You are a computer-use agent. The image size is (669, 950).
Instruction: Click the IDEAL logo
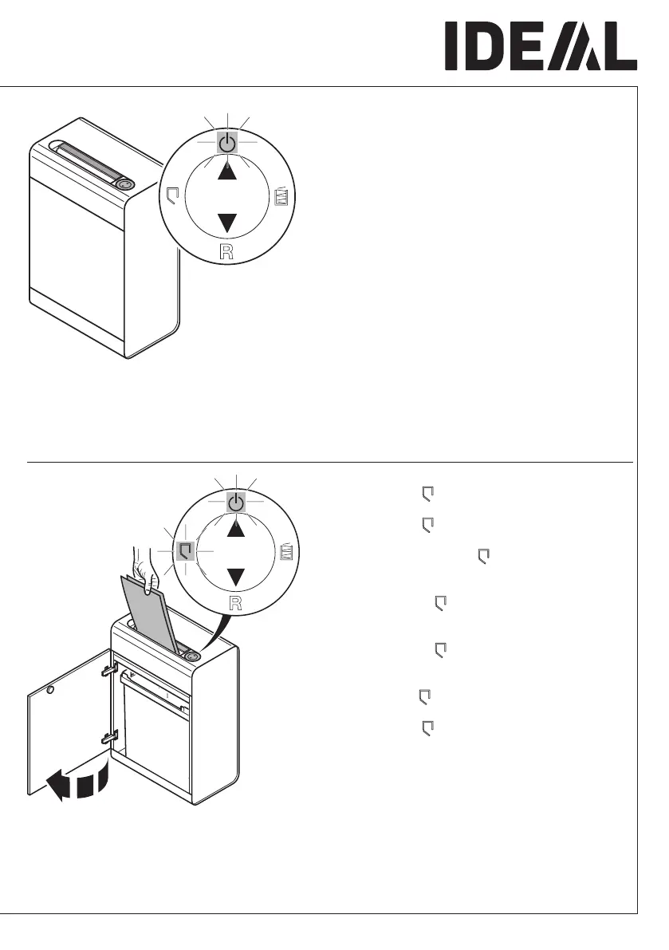pos(541,45)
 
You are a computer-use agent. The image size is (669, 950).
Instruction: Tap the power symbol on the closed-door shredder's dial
pos(228,143)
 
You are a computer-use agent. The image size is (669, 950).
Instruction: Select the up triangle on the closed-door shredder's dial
pos(228,171)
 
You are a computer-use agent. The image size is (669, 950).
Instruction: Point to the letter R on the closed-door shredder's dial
pos(228,254)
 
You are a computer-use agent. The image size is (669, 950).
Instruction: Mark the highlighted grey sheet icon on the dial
pos(185,550)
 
